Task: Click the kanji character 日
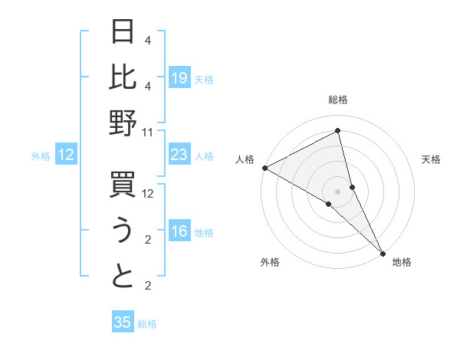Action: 123,33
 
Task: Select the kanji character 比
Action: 123,77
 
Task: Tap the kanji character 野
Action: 123,123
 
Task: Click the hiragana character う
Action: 123,231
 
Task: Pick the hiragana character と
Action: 123,276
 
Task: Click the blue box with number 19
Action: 179,78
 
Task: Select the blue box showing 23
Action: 179,155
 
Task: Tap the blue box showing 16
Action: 179,232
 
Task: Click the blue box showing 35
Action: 123,322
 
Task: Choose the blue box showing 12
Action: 66,155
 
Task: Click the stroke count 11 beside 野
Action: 148,132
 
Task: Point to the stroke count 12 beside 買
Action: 148,194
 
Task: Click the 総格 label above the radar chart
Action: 338,100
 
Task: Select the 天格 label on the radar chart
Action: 431,159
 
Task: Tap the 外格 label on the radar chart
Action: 270,262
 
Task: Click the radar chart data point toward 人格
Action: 264,167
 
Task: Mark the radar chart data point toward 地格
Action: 383,252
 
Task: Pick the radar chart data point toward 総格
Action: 338,131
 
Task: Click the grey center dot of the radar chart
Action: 338,191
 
